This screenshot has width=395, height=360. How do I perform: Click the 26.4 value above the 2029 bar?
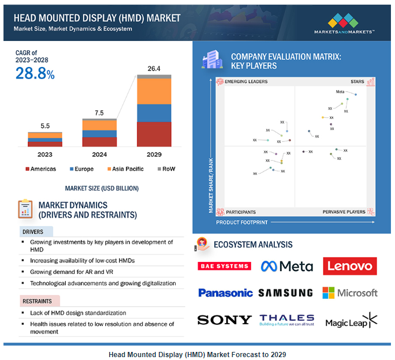coord(154,69)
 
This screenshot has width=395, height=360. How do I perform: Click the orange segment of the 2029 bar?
coord(154,91)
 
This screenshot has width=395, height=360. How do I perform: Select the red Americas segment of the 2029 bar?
coord(154,134)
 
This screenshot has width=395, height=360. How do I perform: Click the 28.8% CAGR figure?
coord(35,74)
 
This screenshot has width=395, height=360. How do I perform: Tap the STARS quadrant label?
coord(357,82)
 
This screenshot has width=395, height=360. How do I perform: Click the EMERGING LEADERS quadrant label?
coord(246,82)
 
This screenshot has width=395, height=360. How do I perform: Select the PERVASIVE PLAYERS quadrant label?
coord(344,212)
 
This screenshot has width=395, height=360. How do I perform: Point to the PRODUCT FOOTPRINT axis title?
coord(242,222)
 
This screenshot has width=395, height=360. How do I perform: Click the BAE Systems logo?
coord(224,266)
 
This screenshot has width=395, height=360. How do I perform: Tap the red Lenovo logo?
coord(350,266)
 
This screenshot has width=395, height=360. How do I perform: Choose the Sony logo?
coord(224,320)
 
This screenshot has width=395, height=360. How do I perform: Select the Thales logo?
coord(286,319)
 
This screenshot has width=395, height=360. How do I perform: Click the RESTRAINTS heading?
coord(37,301)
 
